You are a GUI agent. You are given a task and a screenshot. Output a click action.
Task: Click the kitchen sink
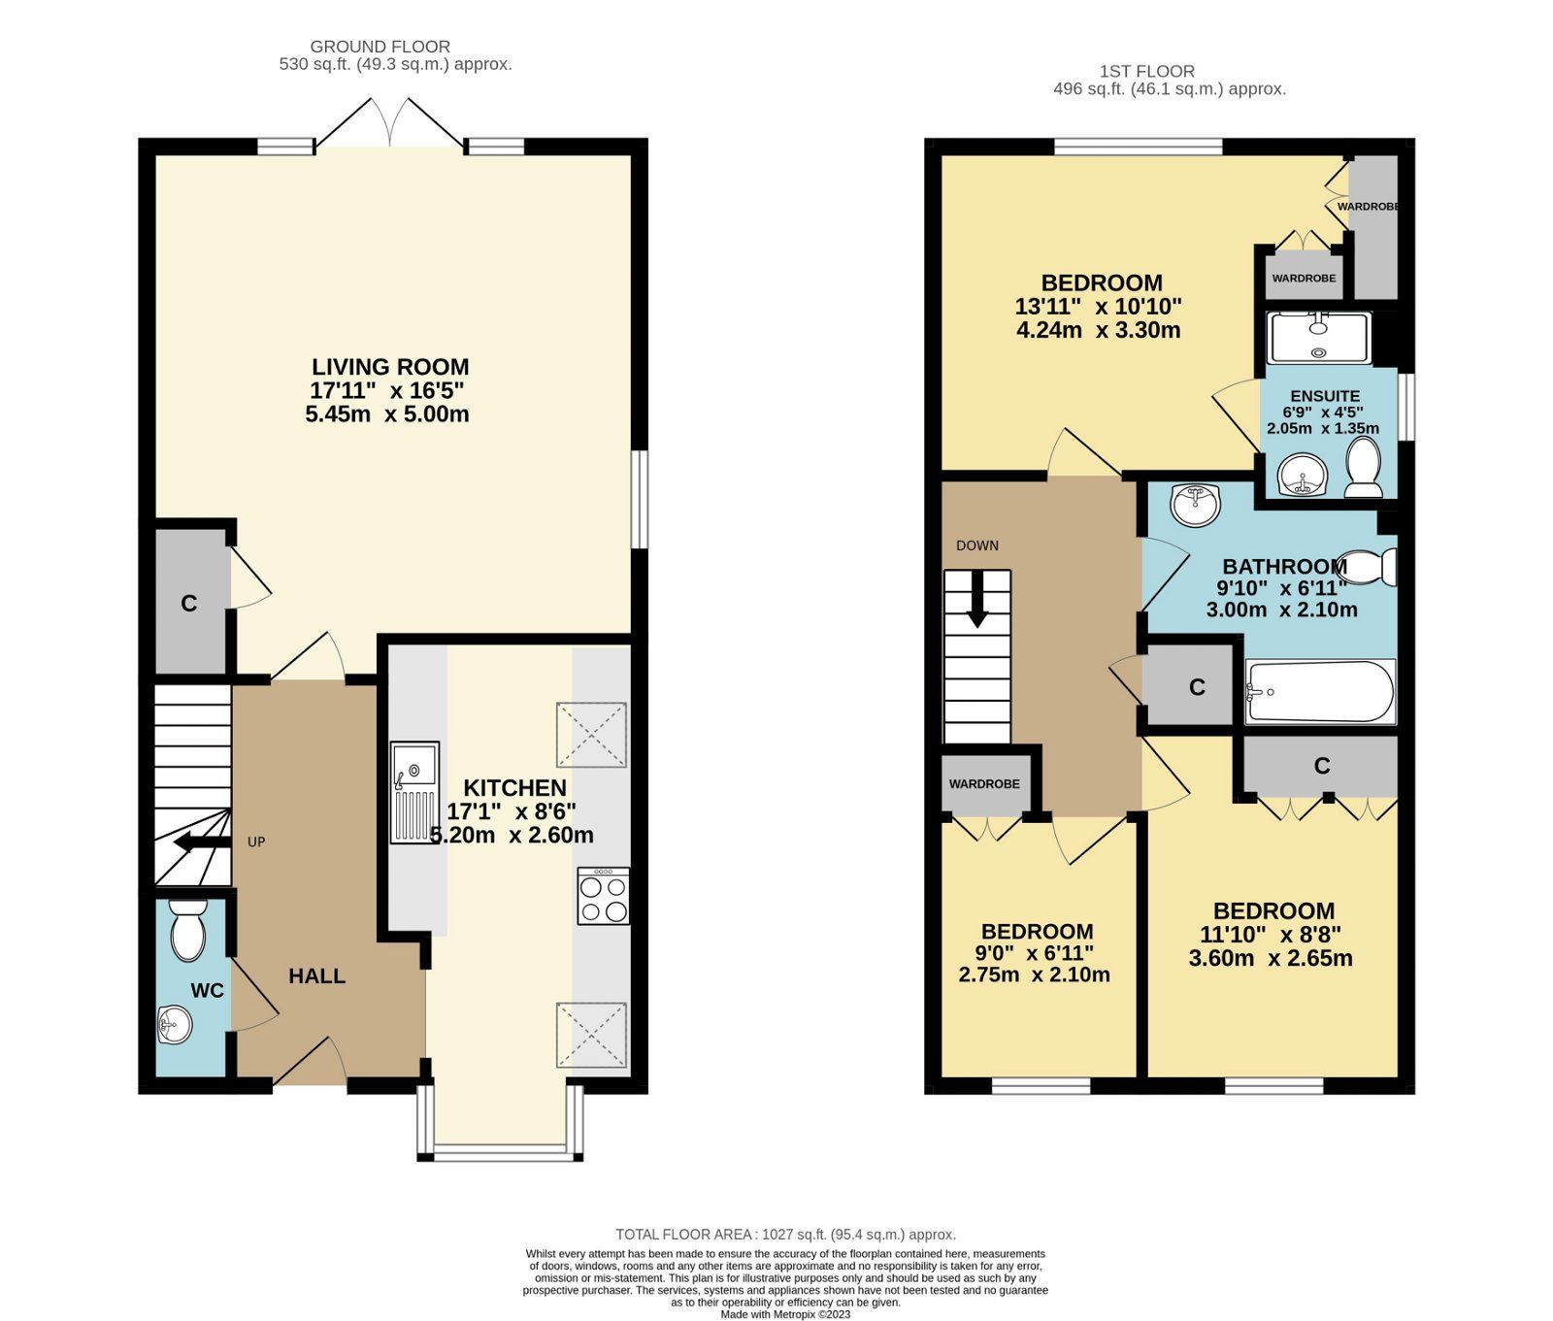415,792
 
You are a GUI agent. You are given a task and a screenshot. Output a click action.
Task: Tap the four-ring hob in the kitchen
603,896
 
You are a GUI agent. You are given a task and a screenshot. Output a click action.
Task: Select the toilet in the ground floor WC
187,931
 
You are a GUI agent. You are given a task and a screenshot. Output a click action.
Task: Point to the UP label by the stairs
256,842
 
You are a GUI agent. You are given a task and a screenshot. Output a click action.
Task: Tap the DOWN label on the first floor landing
976,545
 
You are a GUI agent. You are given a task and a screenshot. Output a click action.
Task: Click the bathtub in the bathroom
1320,691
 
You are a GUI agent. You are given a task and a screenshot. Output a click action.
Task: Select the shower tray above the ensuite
1318,338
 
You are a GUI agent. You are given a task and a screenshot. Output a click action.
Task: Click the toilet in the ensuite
1364,468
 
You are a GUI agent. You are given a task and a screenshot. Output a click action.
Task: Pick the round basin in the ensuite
1301,477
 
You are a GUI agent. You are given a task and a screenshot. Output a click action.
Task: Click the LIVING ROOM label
390,367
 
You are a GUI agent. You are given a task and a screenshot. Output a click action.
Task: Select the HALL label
316,976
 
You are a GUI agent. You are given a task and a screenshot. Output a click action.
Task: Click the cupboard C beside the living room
190,603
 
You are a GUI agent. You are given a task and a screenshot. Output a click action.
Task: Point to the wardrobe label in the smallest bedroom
984,783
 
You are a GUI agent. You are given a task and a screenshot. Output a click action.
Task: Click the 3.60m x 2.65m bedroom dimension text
1271,959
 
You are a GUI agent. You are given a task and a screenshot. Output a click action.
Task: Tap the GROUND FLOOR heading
380,46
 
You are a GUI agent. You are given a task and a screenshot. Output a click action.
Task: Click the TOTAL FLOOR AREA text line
785,1235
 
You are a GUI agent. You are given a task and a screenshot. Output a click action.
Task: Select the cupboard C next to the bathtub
1196,687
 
